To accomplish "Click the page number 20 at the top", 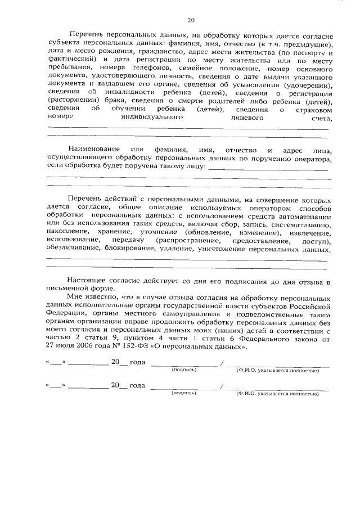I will [191, 21].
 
